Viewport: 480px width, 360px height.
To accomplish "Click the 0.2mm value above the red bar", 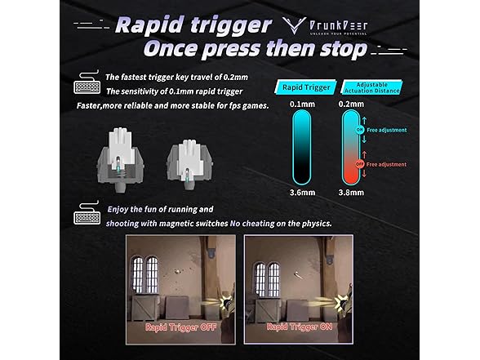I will pyautogui.click(x=351, y=104).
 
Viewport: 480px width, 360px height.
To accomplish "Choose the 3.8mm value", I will pyautogui.click(x=351, y=193).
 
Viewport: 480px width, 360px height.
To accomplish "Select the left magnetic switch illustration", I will pyautogui.click(x=120, y=158).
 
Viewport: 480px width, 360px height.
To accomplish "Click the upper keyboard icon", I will pyautogui.click(x=86, y=85).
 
